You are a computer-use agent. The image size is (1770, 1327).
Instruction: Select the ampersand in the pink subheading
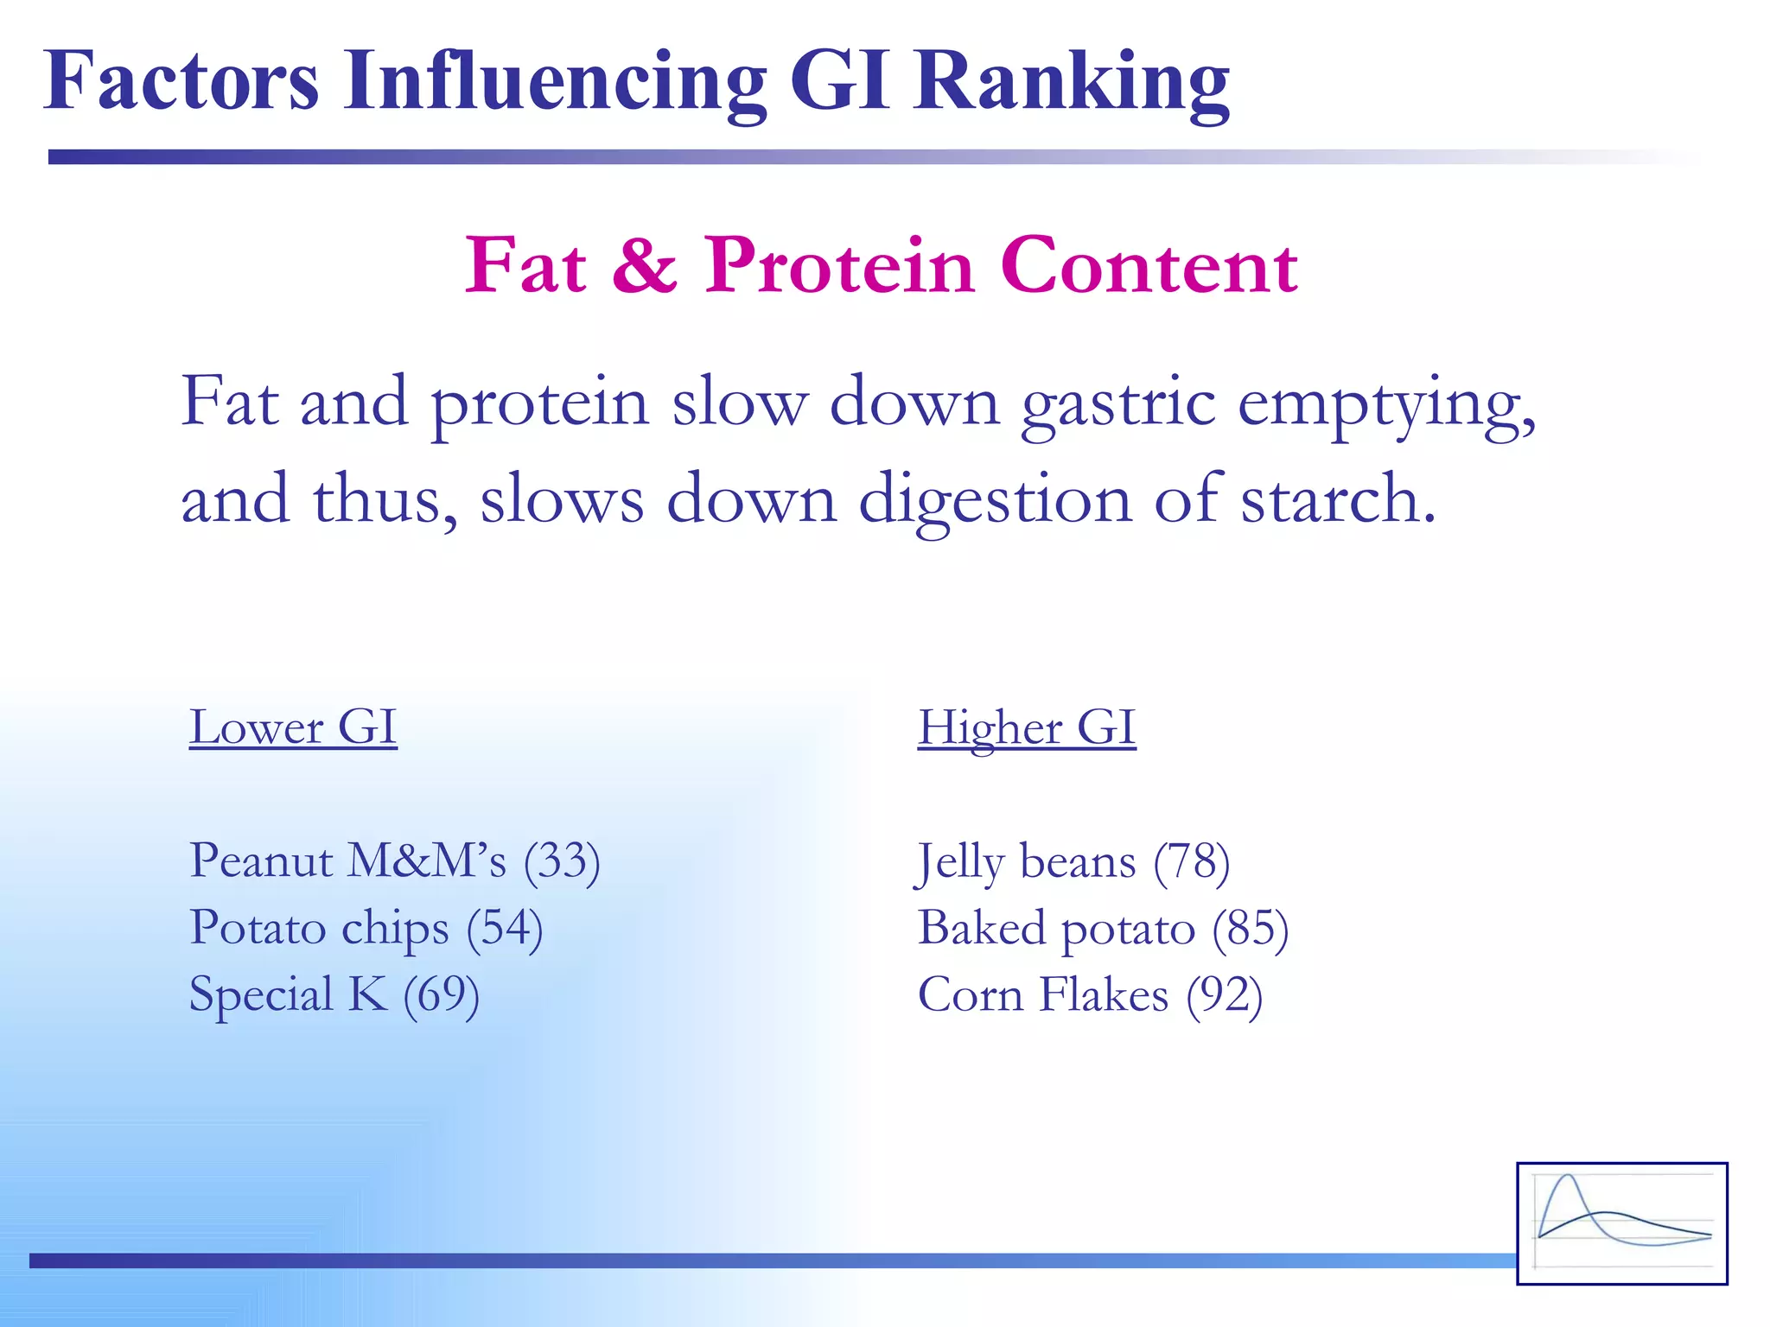[x=645, y=265]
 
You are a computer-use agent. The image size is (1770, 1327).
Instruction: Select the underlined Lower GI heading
[x=293, y=727]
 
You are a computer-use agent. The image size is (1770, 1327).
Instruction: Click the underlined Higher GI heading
[x=1026, y=727]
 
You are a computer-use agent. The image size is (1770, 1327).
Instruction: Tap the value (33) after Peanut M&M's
[x=562, y=861]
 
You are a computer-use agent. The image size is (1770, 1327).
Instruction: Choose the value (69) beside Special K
[x=441, y=994]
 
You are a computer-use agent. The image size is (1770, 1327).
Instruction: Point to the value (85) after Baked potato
[x=1250, y=928]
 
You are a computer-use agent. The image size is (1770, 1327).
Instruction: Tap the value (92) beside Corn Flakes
[x=1224, y=994]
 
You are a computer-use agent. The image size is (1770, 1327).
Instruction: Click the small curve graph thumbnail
[x=1621, y=1222]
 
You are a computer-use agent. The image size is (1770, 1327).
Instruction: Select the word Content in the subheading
[x=1149, y=265]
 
